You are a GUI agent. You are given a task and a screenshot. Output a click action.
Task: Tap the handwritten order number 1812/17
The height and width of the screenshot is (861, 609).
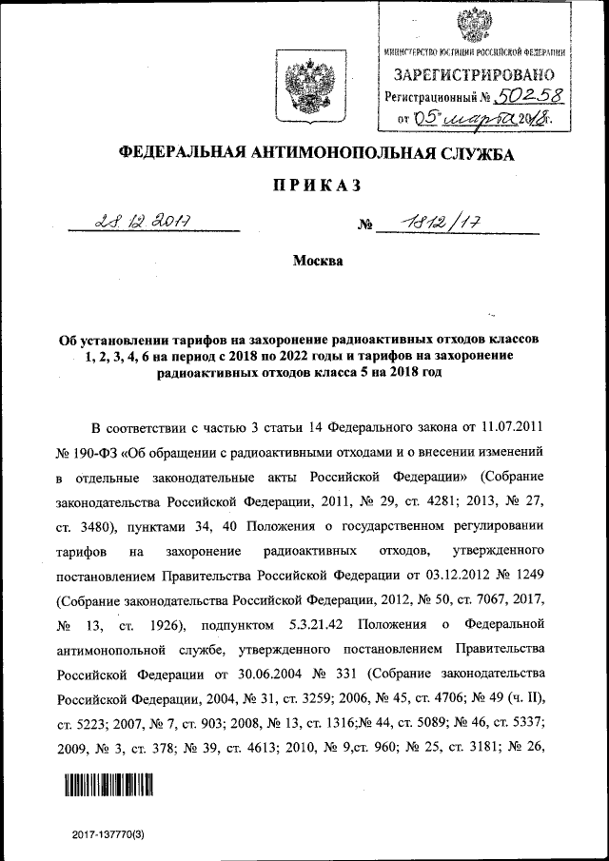[x=440, y=223]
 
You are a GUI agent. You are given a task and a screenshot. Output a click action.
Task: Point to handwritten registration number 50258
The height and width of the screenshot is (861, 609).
[x=524, y=95]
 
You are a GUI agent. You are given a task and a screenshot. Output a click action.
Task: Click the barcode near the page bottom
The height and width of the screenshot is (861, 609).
[x=109, y=784]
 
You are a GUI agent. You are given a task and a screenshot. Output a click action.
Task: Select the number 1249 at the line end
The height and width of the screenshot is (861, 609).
[x=525, y=576]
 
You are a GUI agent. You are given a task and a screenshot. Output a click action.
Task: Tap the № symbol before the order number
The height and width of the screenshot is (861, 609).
[x=363, y=226]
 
